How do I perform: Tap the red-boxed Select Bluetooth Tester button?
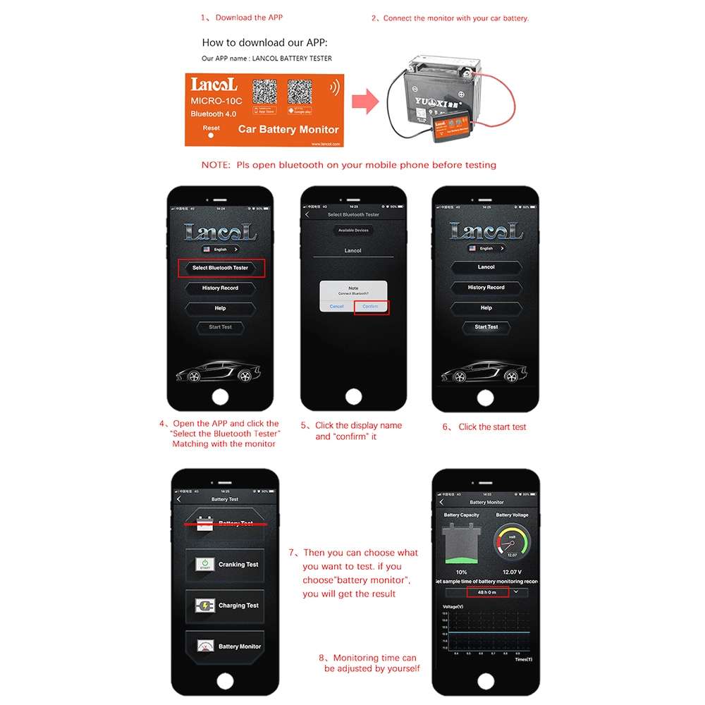(221, 268)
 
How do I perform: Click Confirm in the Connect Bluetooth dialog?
(371, 306)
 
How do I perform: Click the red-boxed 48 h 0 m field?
(487, 592)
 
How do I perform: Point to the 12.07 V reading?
(512, 572)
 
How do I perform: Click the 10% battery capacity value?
(461, 572)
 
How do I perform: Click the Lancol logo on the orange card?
(214, 85)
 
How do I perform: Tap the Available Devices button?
(352, 230)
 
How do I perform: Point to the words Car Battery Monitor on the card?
(288, 130)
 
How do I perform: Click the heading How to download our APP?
(264, 42)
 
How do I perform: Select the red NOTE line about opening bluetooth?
(349, 165)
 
